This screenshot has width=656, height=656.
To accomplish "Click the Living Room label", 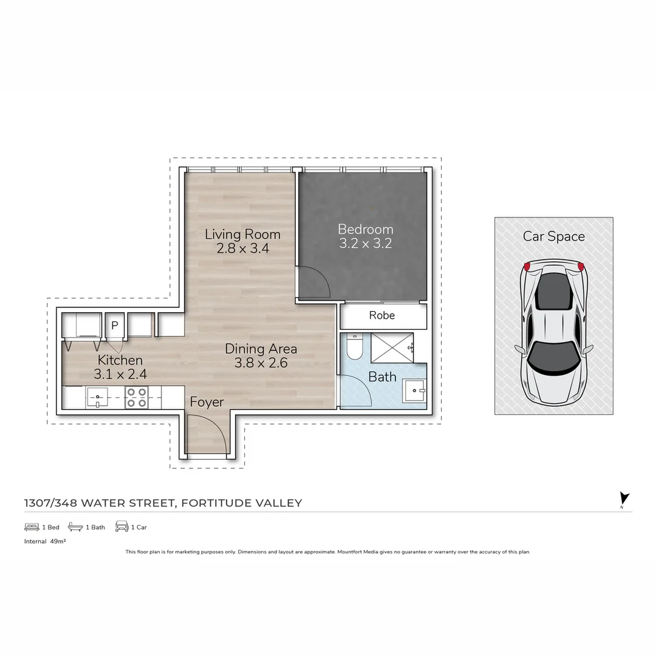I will [x=242, y=234].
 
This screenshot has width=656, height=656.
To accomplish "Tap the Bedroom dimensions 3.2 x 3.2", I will [x=365, y=244].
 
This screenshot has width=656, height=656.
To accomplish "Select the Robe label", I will [x=382, y=315].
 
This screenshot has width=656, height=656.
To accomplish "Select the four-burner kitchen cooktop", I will [x=136, y=398].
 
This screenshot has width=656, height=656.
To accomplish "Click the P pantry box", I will [x=114, y=325].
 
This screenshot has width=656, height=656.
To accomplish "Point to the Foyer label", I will [x=207, y=402].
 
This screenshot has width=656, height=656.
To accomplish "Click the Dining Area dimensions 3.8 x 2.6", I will [x=261, y=363].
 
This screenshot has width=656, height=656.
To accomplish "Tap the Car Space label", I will [x=553, y=236].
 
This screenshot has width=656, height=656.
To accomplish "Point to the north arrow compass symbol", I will [x=624, y=499].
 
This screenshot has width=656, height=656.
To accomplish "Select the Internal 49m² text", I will [x=45, y=541].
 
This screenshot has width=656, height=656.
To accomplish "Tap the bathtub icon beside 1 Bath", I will [x=75, y=527].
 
